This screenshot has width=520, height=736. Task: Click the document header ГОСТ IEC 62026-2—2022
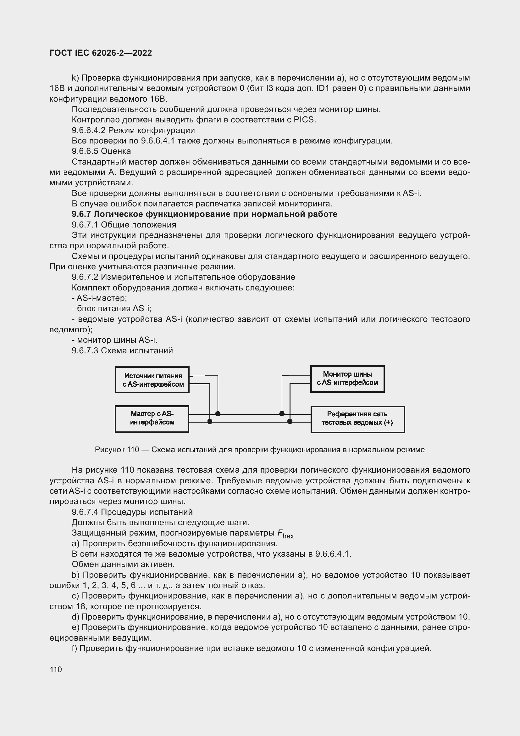point(101,53)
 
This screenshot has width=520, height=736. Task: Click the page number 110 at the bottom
point(56,669)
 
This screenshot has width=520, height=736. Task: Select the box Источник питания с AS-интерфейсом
point(152,380)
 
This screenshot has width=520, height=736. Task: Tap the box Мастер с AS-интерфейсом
point(152,419)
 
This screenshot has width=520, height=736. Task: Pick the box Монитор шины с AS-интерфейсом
point(347,379)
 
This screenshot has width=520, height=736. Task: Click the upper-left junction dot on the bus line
point(218,414)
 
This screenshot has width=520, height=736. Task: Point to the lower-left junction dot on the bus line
point(210,422)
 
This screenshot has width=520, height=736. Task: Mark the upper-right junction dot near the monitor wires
point(282,414)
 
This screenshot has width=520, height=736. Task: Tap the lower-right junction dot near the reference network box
point(290,422)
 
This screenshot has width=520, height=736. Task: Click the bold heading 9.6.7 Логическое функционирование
point(204,214)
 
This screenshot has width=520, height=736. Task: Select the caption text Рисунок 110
point(117,450)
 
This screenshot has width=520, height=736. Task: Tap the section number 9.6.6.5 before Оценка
point(85,151)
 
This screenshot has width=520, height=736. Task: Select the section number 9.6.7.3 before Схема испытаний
point(85,351)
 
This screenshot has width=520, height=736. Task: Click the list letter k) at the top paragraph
point(75,78)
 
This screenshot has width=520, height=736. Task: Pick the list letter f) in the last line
point(75,649)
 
